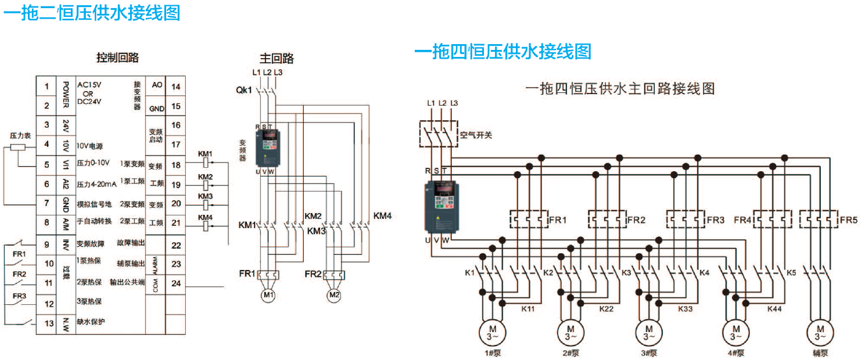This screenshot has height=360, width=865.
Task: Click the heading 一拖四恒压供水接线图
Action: coord(503,52)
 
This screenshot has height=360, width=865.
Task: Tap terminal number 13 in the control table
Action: coord(46,323)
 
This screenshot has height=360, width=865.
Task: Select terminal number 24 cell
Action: coord(176,283)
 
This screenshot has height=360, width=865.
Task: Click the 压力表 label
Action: coord(20,135)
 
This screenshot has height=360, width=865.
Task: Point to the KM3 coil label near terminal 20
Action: coord(206,196)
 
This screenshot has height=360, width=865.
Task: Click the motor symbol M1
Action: coord(268,295)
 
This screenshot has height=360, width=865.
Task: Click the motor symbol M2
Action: coord(333,295)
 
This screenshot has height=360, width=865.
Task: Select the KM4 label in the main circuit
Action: coord(382,215)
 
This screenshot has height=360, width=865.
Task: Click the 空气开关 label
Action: coord(476,135)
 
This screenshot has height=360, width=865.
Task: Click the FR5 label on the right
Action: coord(849,221)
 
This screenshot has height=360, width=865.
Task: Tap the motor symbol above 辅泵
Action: coord(820,332)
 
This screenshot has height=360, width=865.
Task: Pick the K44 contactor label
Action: coord(774,309)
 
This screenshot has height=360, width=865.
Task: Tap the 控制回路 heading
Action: coord(117,58)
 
